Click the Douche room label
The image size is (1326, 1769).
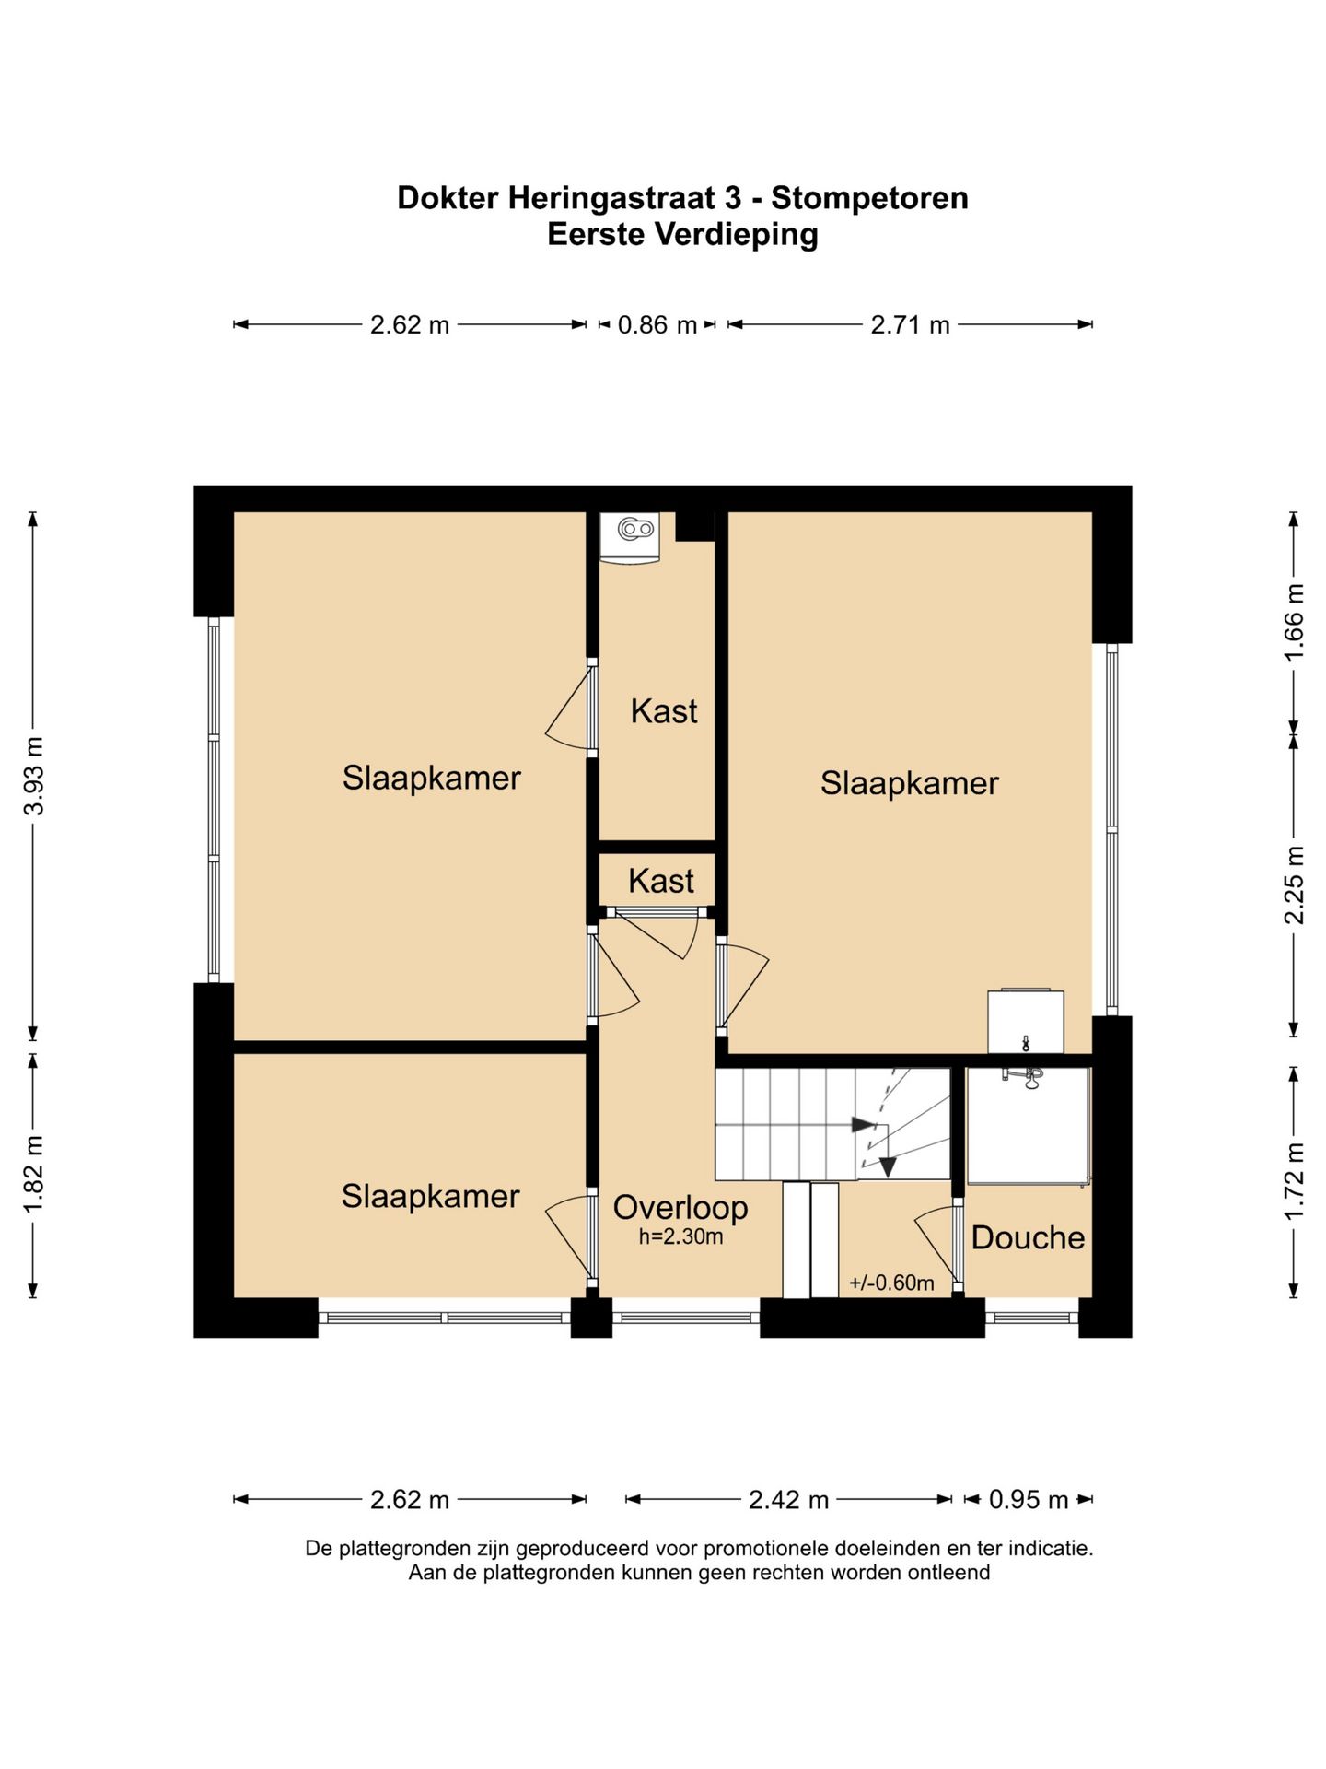tap(1028, 1237)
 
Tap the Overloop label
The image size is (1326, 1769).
tap(680, 1207)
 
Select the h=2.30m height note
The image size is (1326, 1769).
tap(680, 1236)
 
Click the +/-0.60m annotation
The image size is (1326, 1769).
tap(891, 1283)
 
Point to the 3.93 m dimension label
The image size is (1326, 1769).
tap(34, 776)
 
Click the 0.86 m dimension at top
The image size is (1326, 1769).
tap(657, 324)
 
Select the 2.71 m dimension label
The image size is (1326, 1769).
tap(910, 324)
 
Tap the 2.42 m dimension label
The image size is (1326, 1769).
tap(788, 1500)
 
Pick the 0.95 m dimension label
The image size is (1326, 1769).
tap(1029, 1500)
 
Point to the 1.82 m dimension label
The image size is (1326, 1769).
tap(34, 1175)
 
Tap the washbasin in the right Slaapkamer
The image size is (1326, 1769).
tap(1026, 1022)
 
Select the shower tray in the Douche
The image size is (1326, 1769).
tap(1028, 1126)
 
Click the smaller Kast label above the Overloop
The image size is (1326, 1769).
tap(660, 881)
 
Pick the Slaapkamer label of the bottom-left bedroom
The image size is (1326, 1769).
tap(430, 1196)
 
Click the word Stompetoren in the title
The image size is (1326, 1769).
tap(869, 198)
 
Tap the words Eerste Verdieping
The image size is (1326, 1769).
tap(682, 234)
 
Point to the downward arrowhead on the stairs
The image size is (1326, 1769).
tap(888, 1166)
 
